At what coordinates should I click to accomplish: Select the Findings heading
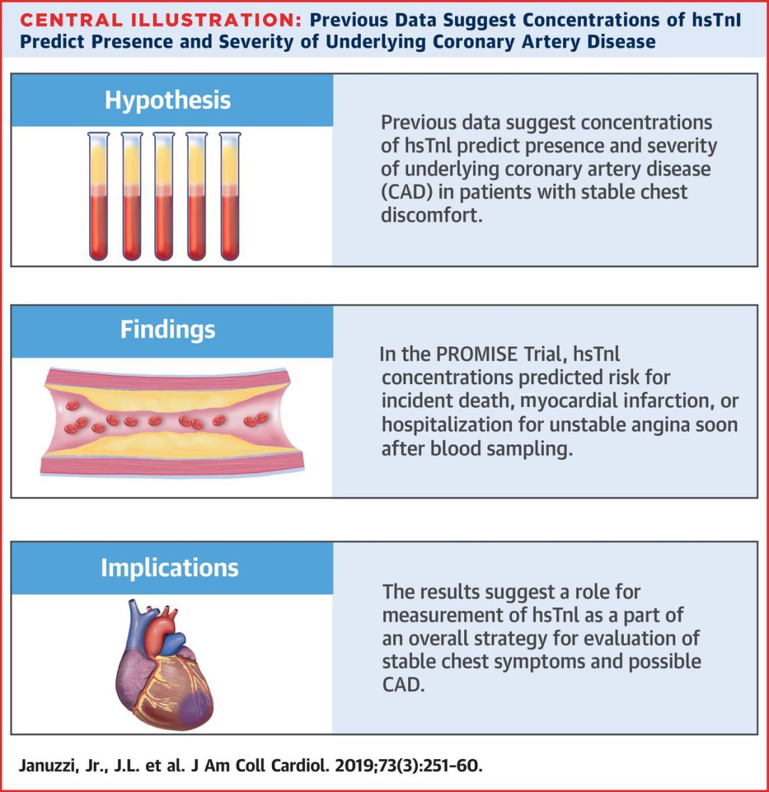pos(167,330)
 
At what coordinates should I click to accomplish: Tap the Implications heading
pos(169,567)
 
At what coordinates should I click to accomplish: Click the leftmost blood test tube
pos(98,196)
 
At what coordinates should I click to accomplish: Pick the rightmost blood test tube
pos(230,196)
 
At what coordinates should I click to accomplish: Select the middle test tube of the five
pos(164,196)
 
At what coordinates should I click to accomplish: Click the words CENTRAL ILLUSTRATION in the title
pos(160,20)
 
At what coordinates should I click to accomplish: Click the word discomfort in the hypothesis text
pos(431,215)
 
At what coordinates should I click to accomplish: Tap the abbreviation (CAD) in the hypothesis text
pos(406,192)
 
